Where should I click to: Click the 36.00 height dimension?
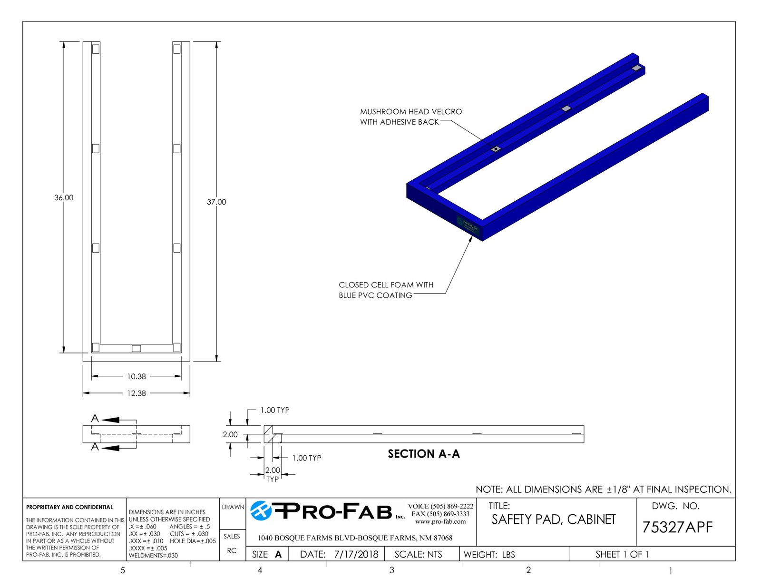pos(64,197)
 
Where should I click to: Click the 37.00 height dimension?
pos(216,202)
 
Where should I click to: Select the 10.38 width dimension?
pos(137,376)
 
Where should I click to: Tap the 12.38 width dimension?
pos(137,393)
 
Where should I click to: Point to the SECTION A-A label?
pos(424,454)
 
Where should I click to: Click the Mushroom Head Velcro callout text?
pos(411,117)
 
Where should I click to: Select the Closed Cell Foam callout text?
pos(386,290)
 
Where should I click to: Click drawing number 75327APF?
pos(677,527)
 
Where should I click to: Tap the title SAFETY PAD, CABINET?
pos(553,519)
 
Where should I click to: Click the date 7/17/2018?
pos(356,554)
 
